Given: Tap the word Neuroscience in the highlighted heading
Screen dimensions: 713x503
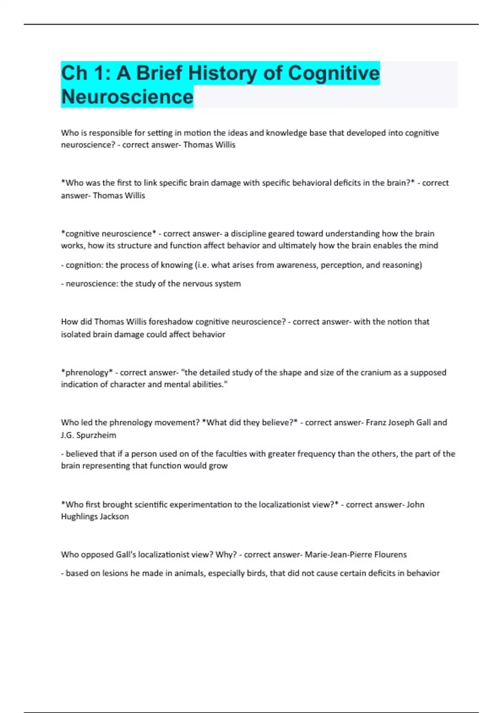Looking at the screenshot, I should coord(127,96).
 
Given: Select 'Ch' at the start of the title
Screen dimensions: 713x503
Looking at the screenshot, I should coord(74,73).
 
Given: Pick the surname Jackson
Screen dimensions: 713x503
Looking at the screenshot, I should coord(114,516).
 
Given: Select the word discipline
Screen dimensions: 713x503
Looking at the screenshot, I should coord(248,234).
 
